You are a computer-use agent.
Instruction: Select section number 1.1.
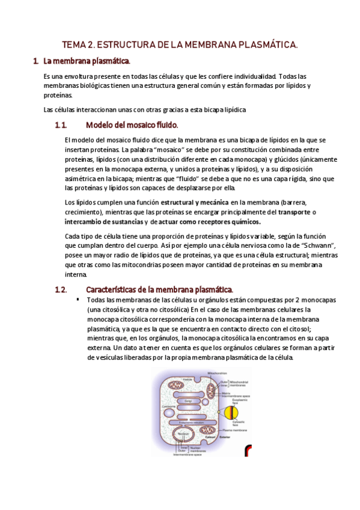(60, 125)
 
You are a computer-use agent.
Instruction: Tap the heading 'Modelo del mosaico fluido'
(132, 125)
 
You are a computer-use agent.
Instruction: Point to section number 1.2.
(60, 289)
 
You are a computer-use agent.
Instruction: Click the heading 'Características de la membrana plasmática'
(159, 289)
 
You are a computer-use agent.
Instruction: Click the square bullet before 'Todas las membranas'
(78, 299)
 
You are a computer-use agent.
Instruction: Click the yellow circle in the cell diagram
(233, 413)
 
